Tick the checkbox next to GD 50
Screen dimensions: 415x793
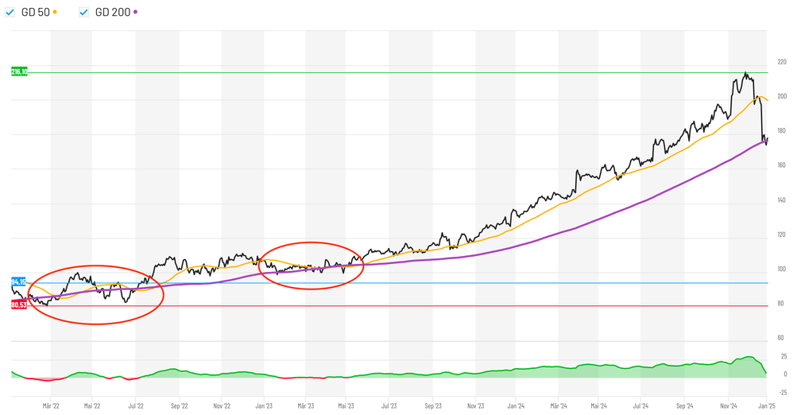pyautogui.click(x=10, y=12)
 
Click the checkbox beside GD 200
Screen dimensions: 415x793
pyautogui.click(x=84, y=12)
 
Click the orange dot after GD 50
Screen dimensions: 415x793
pyautogui.click(x=55, y=12)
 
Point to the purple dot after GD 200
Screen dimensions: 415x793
pyautogui.click(x=136, y=12)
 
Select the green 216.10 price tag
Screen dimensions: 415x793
pyautogui.click(x=19, y=72)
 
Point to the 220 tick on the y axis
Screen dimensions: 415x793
pyautogui.click(x=782, y=62)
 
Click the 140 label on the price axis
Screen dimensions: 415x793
pyautogui.click(x=782, y=200)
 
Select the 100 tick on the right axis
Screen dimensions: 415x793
pyautogui.click(x=782, y=270)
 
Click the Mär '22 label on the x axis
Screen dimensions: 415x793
pyautogui.click(x=51, y=405)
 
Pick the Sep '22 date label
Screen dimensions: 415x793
pyautogui.click(x=178, y=405)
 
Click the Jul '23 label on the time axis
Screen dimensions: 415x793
pyautogui.click(x=389, y=405)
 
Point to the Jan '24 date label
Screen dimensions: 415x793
pyautogui.click(x=516, y=405)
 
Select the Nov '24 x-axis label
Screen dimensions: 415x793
pyautogui.click(x=729, y=405)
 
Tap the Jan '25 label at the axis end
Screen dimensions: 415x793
pyautogui.click(x=767, y=405)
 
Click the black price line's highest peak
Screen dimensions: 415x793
pyautogui.click(x=745, y=73)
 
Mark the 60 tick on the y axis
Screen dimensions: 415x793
pyautogui.click(x=782, y=339)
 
